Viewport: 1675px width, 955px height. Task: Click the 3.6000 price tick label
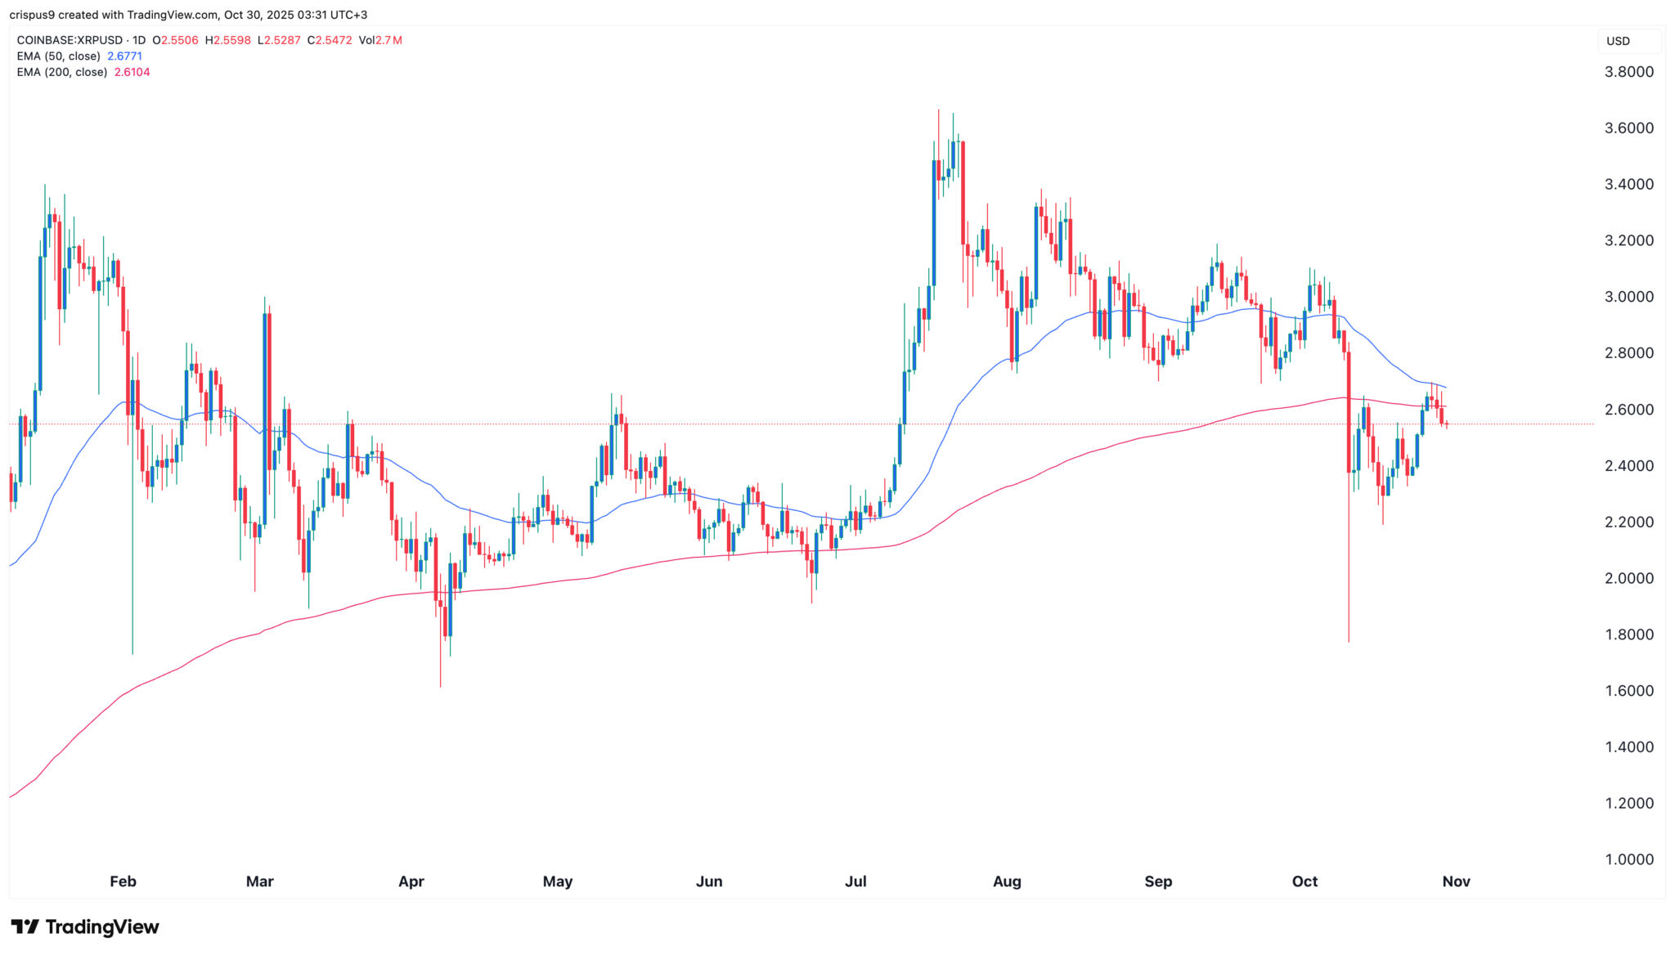click(1628, 128)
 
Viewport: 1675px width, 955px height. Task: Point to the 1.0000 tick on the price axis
click(1628, 859)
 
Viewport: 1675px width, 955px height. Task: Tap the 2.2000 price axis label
click(1628, 522)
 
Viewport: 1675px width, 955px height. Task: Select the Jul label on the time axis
click(855, 881)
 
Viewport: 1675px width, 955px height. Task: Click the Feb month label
click(123, 881)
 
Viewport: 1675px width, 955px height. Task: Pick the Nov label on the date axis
click(1456, 881)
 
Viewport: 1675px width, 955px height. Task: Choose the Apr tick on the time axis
click(411, 881)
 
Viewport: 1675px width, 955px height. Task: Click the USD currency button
click(1618, 41)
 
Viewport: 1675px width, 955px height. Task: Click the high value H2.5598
click(228, 40)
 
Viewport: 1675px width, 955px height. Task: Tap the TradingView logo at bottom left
click(85, 926)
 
